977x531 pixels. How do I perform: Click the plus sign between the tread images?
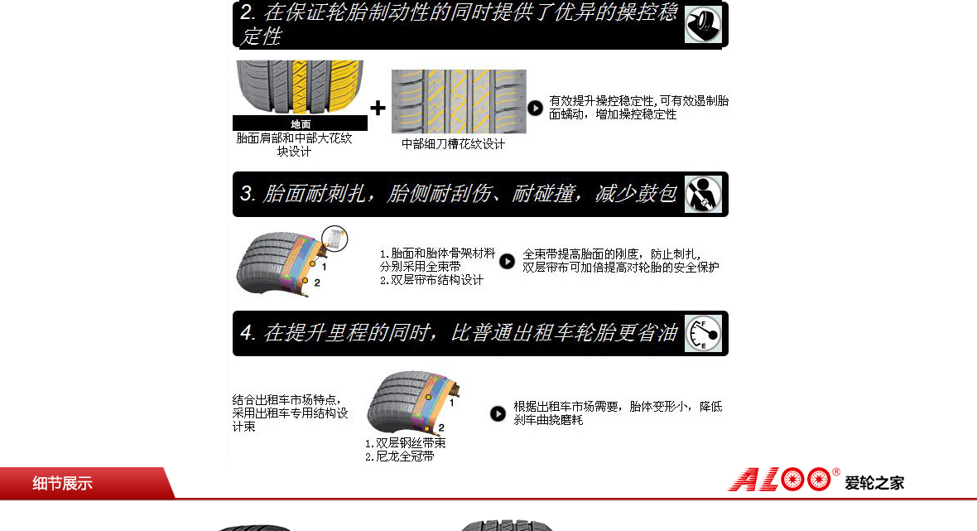[378, 108]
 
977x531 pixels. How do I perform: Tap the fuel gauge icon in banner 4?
[704, 334]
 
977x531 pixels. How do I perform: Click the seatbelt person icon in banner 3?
[704, 195]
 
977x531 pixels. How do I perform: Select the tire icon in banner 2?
[704, 25]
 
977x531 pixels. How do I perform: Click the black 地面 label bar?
[301, 123]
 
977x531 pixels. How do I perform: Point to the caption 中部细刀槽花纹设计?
[453, 144]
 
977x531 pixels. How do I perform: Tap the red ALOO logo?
[781, 480]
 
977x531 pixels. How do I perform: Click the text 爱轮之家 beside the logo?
[874, 483]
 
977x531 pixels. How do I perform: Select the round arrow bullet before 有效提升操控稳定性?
[535, 108]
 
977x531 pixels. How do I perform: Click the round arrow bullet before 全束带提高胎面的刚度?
[508, 261]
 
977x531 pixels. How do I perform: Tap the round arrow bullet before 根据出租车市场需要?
[498, 414]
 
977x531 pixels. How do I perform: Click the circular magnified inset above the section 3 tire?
[334, 239]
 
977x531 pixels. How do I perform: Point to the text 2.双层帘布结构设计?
[431, 281]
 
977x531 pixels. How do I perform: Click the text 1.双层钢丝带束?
[405, 443]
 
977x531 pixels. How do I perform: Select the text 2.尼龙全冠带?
[399, 456]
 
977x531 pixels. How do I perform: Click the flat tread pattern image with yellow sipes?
[459, 102]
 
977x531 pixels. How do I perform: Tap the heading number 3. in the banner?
[248, 194]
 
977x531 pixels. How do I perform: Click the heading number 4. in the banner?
[248, 333]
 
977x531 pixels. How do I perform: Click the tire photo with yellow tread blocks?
[300, 88]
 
